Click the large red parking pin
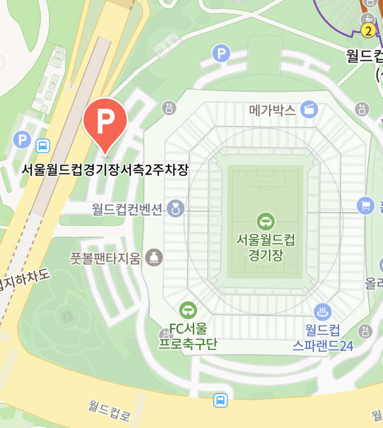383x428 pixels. (x=105, y=122)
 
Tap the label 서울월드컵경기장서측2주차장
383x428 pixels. (x=105, y=169)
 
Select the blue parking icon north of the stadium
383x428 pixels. (x=221, y=52)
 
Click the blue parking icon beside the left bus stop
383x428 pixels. (x=22, y=139)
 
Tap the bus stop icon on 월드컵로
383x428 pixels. (x=220, y=400)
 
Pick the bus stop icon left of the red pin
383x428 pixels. (x=43, y=146)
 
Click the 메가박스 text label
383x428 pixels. (x=273, y=110)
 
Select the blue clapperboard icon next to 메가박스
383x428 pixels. (x=309, y=109)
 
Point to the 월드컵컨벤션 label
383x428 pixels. (x=128, y=209)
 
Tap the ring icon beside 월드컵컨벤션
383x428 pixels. (x=175, y=208)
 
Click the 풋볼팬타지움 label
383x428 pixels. (x=106, y=258)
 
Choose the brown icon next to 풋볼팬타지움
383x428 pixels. (x=154, y=257)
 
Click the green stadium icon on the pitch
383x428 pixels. (x=265, y=221)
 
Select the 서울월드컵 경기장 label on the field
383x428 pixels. (x=265, y=247)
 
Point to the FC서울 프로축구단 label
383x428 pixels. (x=188, y=336)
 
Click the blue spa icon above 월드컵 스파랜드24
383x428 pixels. (x=323, y=312)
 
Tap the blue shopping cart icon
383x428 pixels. (x=366, y=205)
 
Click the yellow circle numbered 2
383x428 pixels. (x=369, y=31)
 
